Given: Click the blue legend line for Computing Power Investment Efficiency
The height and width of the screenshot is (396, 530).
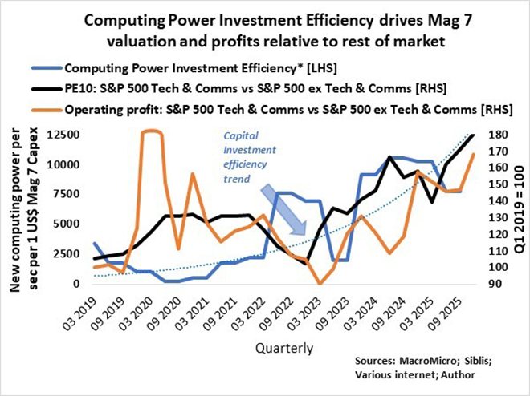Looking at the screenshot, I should tap(45, 69).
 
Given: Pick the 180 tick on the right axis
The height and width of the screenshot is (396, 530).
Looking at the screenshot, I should tap(491, 135).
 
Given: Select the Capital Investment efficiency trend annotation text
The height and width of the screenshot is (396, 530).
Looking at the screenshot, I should tap(247, 151).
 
